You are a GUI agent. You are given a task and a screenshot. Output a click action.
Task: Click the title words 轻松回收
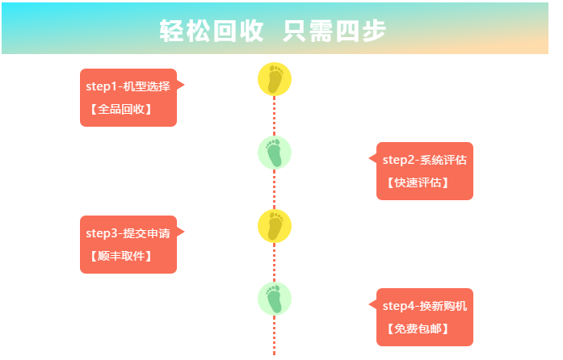[x=212, y=31]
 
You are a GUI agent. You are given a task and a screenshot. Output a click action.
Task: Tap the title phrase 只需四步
[x=336, y=31]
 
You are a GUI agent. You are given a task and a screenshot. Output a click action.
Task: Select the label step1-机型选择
[x=128, y=86]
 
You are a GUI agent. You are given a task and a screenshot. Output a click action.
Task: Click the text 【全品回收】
[x=120, y=109]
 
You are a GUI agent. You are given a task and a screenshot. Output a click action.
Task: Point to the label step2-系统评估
[x=424, y=160]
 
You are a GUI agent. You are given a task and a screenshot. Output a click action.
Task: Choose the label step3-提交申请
[x=128, y=233]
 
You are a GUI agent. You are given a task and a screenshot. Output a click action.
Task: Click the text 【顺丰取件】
[x=120, y=256]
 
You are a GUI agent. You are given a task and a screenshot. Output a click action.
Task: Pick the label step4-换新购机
[x=424, y=306]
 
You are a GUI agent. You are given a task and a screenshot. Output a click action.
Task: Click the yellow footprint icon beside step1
[x=275, y=79]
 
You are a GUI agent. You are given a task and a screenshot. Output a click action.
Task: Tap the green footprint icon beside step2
[x=275, y=152]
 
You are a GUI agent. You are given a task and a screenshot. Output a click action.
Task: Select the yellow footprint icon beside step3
[x=275, y=225]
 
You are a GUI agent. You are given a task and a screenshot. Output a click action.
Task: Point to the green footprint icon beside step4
[x=275, y=299]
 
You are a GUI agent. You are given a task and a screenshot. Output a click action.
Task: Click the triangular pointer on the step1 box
[x=180, y=85]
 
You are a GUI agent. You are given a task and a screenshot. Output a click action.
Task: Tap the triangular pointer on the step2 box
[x=373, y=158]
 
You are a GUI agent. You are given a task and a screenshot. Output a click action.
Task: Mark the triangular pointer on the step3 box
[x=180, y=232]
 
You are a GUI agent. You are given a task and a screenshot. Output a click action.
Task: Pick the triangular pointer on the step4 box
[x=373, y=304]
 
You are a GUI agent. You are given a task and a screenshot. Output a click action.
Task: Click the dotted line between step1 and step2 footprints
[x=275, y=115]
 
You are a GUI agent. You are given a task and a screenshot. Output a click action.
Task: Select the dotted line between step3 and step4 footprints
[x=275, y=262]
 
